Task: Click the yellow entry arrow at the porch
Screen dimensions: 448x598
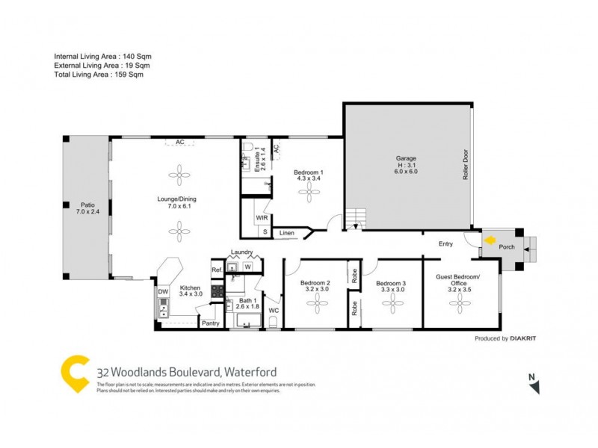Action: (490, 241)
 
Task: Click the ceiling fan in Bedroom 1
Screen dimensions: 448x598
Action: (309, 193)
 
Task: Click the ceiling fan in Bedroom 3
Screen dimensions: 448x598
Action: (392, 302)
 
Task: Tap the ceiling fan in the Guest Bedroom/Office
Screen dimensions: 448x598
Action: (457, 302)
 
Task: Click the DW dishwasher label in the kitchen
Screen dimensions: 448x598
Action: (162, 292)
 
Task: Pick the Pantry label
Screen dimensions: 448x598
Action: (210, 323)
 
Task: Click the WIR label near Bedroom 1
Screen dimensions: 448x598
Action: (262, 218)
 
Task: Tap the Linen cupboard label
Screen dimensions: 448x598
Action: (287, 234)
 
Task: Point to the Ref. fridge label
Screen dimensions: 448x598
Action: (216, 270)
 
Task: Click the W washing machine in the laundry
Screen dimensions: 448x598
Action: (247, 267)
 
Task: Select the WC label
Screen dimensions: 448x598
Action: (274, 310)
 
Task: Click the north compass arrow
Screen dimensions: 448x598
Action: (534, 386)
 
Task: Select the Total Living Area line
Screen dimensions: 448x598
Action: (99, 75)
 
